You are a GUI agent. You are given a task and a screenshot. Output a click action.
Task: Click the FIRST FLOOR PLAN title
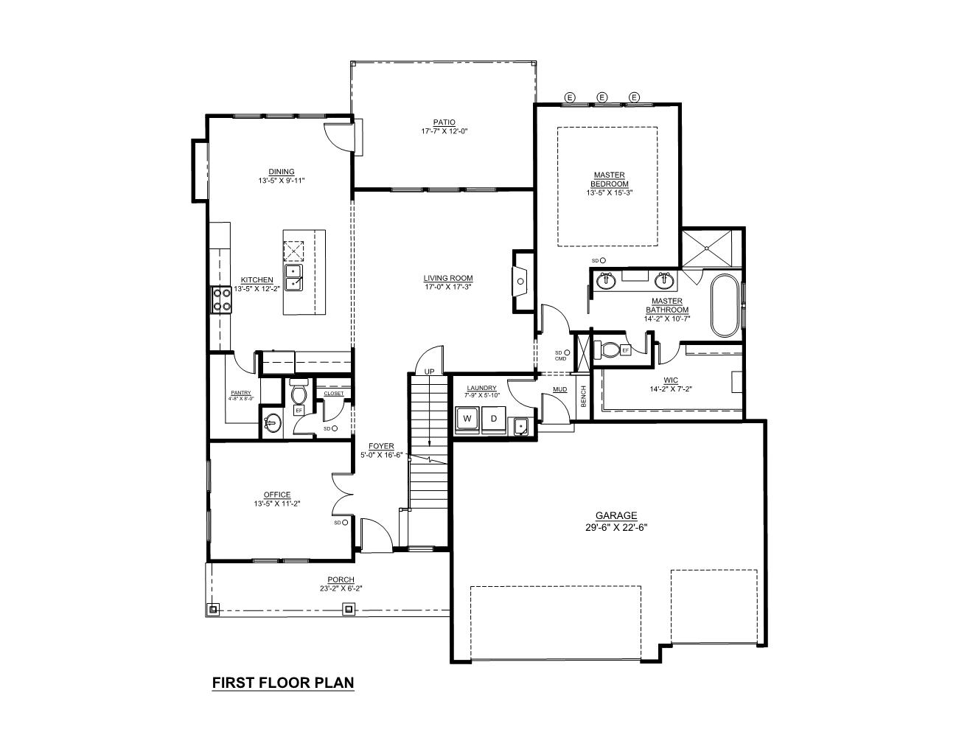pyautogui.click(x=283, y=683)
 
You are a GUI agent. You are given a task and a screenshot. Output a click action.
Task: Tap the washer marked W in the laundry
pyautogui.click(x=467, y=419)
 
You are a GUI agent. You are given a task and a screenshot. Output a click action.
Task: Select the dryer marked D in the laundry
pyautogui.click(x=494, y=419)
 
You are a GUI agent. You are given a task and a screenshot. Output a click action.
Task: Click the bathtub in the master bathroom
pyautogui.click(x=724, y=305)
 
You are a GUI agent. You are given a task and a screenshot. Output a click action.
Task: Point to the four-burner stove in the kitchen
pyautogui.click(x=220, y=299)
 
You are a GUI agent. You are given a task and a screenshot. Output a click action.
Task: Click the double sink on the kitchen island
pyautogui.click(x=295, y=277)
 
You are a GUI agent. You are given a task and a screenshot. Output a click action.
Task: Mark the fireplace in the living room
pyautogui.click(x=521, y=281)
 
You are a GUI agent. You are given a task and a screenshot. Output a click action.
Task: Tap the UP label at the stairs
pyautogui.click(x=429, y=371)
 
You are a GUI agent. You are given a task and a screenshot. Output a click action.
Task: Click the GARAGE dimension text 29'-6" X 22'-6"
pyautogui.click(x=616, y=527)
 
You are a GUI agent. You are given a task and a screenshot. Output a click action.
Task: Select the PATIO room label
pyautogui.click(x=444, y=122)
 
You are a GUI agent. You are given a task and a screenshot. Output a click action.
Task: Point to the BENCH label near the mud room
pyautogui.click(x=583, y=396)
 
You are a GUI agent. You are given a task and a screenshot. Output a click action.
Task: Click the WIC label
pyautogui.click(x=670, y=380)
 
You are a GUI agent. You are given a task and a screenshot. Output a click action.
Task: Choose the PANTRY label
pyautogui.click(x=240, y=393)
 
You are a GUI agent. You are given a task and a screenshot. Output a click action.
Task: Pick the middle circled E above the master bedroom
pyautogui.click(x=601, y=97)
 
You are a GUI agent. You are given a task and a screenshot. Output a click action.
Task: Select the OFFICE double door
pyautogui.click(x=341, y=494)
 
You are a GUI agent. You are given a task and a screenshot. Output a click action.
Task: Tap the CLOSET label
pyautogui.click(x=333, y=393)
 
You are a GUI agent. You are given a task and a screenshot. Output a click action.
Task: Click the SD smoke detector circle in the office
pyautogui.click(x=345, y=522)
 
